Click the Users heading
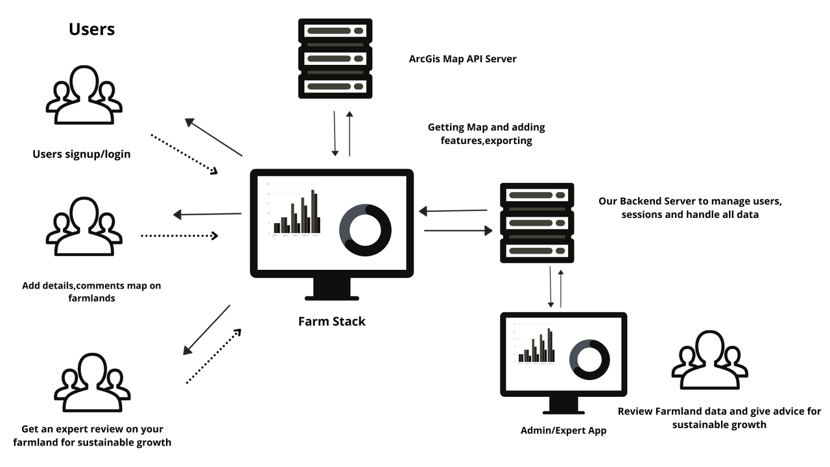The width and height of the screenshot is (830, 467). pos(91,29)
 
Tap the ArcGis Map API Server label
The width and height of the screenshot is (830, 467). pos(462,59)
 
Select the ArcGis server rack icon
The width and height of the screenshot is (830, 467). pos(335,58)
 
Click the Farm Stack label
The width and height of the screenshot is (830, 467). pos(331,321)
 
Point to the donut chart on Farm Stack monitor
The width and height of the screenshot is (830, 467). pos(365,230)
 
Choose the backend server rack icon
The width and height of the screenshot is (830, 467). pos(537,222)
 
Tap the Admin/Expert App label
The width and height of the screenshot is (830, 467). pos(563,430)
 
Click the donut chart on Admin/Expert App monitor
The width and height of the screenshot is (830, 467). pos(589,359)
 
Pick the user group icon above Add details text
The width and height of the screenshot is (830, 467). pos(84,226)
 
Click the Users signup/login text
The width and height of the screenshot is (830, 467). pos(82,154)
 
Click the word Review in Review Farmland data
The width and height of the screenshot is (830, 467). pos(635,411)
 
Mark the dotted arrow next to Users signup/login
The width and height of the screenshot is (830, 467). pos(184,154)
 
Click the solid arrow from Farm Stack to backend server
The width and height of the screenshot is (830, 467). pos(458,230)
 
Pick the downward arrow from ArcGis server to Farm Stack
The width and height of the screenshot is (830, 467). pos(335,134)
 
